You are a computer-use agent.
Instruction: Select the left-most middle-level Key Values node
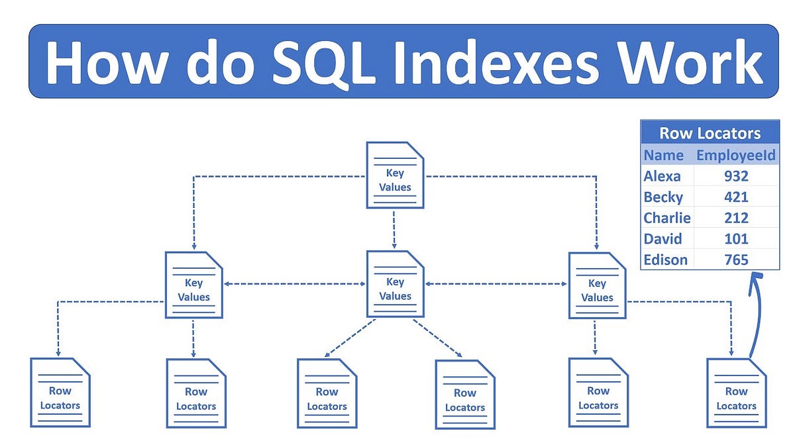point(193,285)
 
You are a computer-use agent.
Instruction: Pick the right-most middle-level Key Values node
point(598,285)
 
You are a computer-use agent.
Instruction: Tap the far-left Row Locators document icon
point(60,392)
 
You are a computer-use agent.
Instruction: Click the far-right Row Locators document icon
point(737,393)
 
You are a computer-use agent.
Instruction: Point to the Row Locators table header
point(710,133)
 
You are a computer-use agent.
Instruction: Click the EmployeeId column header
point(735,156)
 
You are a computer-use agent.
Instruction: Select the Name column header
point(664,156)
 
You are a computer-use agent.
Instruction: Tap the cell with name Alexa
point(662,176)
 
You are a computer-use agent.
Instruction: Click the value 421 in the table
point(736,197)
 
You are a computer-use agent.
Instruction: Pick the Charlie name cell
point(666,218)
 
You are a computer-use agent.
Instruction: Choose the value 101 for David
point(736,238)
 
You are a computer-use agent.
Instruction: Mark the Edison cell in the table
point(666,260)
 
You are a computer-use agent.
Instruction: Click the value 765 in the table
point(736,260)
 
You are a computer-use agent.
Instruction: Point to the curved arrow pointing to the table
point(755,318)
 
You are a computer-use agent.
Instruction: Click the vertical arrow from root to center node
point(394,228)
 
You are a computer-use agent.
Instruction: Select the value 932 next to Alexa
point(736,176)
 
